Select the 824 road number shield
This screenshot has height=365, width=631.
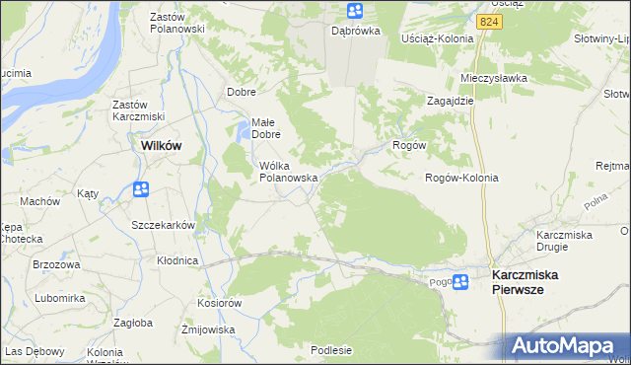(x=486, y=21)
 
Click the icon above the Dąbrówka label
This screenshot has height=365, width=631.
(x=355, y=11)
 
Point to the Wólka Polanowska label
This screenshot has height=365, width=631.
(x=287, y=171)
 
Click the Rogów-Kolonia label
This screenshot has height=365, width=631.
(x=460, y=178)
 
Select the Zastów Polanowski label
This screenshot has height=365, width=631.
(x=176, y=23)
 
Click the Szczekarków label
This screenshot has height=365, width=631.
(x=163, y=225)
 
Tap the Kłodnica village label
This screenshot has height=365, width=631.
(x=177, y=260)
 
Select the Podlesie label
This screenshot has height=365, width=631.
(x=330, y=349)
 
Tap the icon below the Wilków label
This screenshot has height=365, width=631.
(x=141, y=188)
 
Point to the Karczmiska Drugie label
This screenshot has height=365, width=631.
(x=564, y=241)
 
